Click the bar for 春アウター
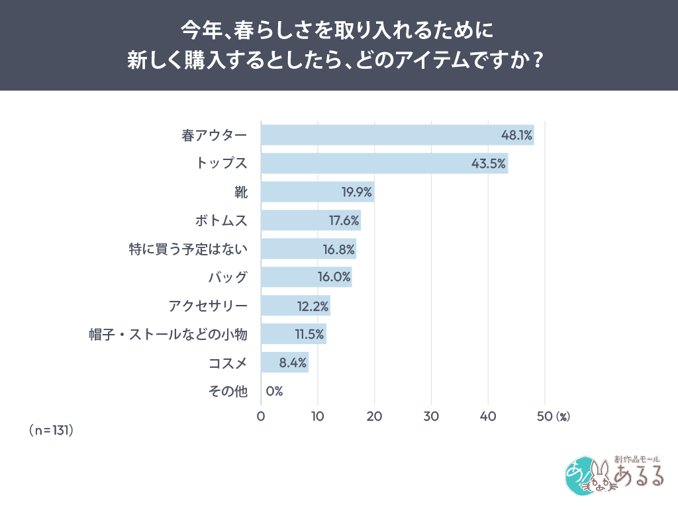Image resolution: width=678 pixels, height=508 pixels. [397, 135]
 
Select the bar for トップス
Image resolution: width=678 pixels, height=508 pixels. [384, 163]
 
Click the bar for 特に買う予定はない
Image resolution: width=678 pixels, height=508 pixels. [309, 249]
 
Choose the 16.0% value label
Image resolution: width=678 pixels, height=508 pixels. [334, 277]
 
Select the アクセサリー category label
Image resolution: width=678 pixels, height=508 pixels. [208, 306]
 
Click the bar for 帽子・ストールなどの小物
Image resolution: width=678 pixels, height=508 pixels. [293, 334]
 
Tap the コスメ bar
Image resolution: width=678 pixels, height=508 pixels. [285, 362]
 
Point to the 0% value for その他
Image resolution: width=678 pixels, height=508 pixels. [274, 391]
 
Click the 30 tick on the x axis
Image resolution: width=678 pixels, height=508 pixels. [432, 417]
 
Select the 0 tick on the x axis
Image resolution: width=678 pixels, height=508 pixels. [261, 417]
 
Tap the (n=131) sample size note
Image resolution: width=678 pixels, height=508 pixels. [51, 430]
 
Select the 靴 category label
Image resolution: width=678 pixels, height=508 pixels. [241, 192]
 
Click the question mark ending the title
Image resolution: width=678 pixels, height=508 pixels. [538, 61]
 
